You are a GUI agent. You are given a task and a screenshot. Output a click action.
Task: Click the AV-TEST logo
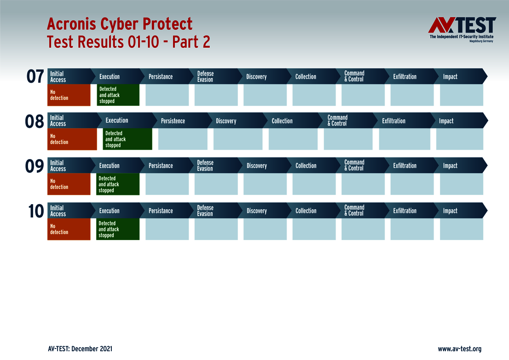[x=462, y=29]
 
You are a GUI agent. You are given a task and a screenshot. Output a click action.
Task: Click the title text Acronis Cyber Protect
[x=120, y=24]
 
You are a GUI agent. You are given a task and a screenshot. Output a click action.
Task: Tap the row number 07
[x=35, y=77]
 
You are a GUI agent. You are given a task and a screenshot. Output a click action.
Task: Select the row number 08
[x=35, y=121]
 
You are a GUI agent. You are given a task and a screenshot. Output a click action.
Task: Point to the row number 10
[x=35, y=211]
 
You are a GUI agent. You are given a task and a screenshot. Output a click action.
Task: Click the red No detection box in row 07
[x=69, y=95]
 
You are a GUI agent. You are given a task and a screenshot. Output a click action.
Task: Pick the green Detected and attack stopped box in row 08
[x=127, y=139]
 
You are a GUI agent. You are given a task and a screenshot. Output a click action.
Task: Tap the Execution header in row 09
[x=110, y=166]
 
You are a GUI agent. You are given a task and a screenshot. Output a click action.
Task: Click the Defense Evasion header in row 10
[x=205, y=211]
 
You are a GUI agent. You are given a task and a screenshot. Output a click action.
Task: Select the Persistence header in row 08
[x=173, y=121]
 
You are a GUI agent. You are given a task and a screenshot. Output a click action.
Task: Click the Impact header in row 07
[x=450, y=77]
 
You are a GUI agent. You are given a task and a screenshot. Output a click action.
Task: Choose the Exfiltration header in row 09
[x=405, y=166]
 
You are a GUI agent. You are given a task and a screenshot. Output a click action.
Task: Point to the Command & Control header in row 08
[x=338, y=120]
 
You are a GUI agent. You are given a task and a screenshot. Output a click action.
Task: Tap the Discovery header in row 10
[x=256, y=211]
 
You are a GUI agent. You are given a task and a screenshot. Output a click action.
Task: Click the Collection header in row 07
[x=306, y=77]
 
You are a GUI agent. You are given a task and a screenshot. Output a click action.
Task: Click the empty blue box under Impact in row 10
[x=461, y=229]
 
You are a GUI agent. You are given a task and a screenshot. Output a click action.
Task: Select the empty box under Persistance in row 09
[x=167, y=184]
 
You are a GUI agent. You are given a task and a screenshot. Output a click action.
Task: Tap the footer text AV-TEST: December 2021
[x=80, y=349]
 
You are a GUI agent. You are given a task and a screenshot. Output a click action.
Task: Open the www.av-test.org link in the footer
[x=459, y=349]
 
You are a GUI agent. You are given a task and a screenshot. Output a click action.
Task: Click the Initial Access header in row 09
[x=58, y=166]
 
